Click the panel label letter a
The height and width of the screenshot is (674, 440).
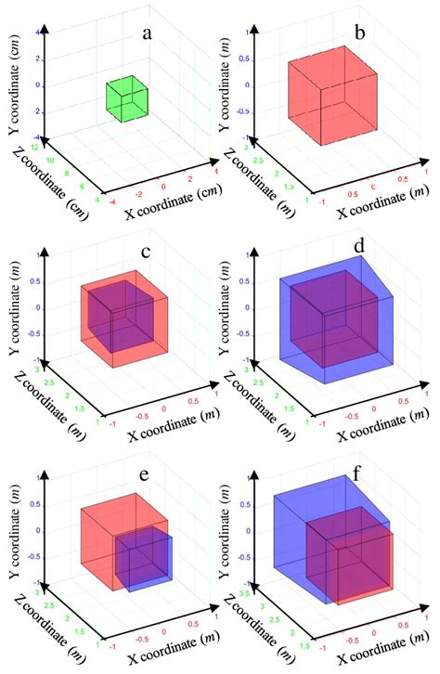tap(146, 33)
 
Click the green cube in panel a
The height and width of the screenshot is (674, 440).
tap(125, 98)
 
